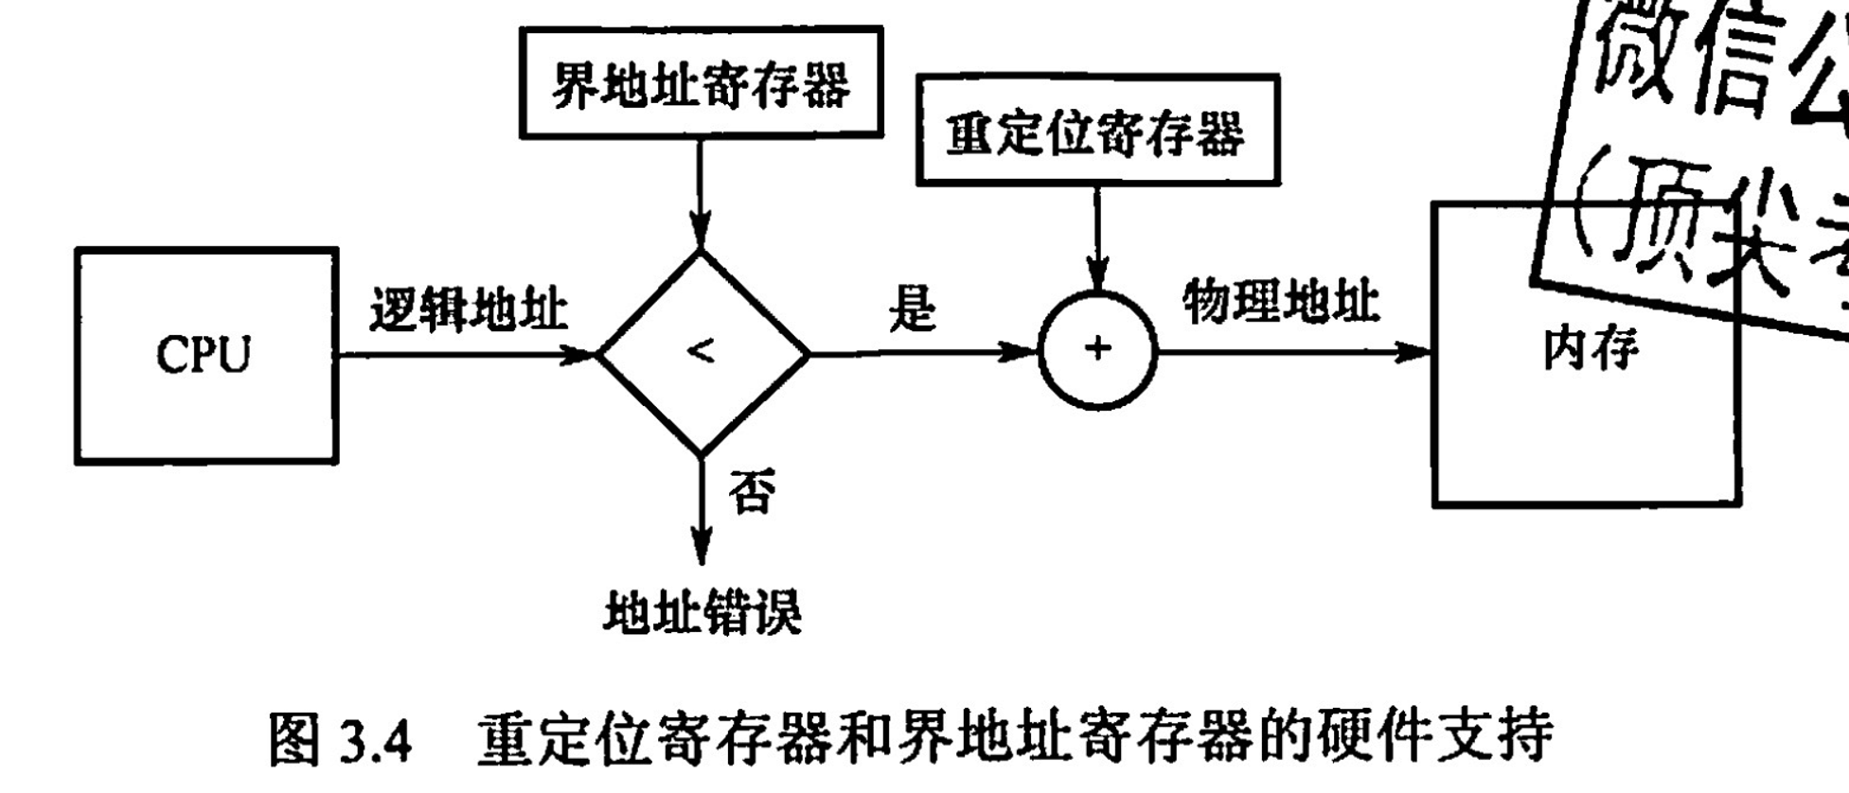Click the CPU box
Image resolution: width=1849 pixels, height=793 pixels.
click(205, 356)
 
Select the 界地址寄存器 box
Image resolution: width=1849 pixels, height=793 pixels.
click(701, 83)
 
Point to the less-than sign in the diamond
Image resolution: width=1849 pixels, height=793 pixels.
click(701, 351)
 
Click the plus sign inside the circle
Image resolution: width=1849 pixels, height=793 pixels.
click(1097, 349)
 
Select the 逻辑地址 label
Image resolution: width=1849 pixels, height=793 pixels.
click(469, 308)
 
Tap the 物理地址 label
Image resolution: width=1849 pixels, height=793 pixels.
click(1281, 302)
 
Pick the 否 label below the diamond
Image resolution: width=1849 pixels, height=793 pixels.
click(752, 491)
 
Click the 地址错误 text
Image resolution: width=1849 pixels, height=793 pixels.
click(702, 612)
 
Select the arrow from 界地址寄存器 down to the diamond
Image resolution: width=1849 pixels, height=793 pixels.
click(700, 193)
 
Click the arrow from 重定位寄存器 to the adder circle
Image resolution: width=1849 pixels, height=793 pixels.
click(1097, 238)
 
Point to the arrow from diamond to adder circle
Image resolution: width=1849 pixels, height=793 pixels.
click(923, 353)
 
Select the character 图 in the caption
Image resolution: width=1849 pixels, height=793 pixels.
click(294, 739)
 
